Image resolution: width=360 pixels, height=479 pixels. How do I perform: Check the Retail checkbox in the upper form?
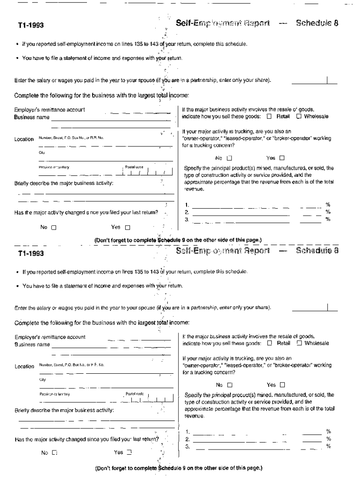point(269,116)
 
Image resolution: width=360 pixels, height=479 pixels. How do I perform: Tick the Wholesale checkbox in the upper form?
point(298,116)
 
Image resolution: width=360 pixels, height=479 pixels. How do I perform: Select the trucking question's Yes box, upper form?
point(282,158)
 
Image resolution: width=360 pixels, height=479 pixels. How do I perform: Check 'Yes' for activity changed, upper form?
point(127,228)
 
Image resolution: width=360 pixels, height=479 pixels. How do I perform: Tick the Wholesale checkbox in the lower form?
point(299,343)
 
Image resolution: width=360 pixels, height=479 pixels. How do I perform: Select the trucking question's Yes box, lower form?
point(282,385)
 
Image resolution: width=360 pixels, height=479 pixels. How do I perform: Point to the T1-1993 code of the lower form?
point(31,254)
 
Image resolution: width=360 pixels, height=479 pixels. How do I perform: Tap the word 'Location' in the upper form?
point(24,139)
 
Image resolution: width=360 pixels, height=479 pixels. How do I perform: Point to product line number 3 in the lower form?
point(187,446)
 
